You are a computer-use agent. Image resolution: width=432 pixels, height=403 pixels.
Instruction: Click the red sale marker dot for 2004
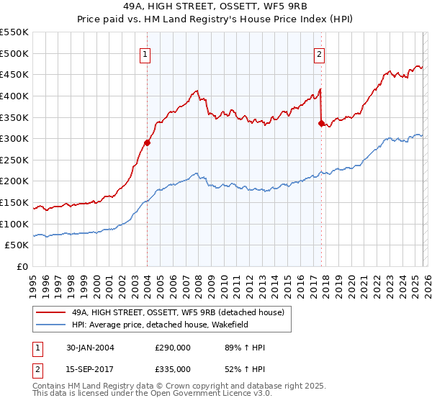[x=147, y=142]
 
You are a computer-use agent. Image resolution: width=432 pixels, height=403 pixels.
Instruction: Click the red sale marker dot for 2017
[x=321, y=123]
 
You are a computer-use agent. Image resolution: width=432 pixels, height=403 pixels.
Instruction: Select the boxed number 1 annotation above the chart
[x=146, y=53]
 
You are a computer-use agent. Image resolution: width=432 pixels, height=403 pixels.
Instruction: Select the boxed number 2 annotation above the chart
[x=319, y=53]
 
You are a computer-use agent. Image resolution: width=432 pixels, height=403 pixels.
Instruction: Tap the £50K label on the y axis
[x=17, y=245]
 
